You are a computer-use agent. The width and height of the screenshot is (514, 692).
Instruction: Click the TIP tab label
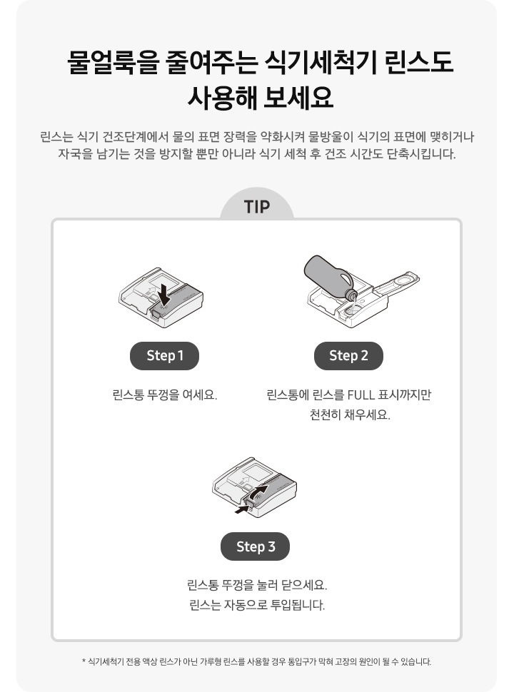257,207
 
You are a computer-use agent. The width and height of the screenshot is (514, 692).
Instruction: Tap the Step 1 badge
165,355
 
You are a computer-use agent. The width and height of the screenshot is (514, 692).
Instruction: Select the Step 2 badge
348,355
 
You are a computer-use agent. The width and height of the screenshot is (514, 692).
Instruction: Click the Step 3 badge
256,546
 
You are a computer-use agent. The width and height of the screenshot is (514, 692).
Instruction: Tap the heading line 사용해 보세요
257,97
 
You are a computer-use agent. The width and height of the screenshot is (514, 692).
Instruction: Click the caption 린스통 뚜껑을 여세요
165,395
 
